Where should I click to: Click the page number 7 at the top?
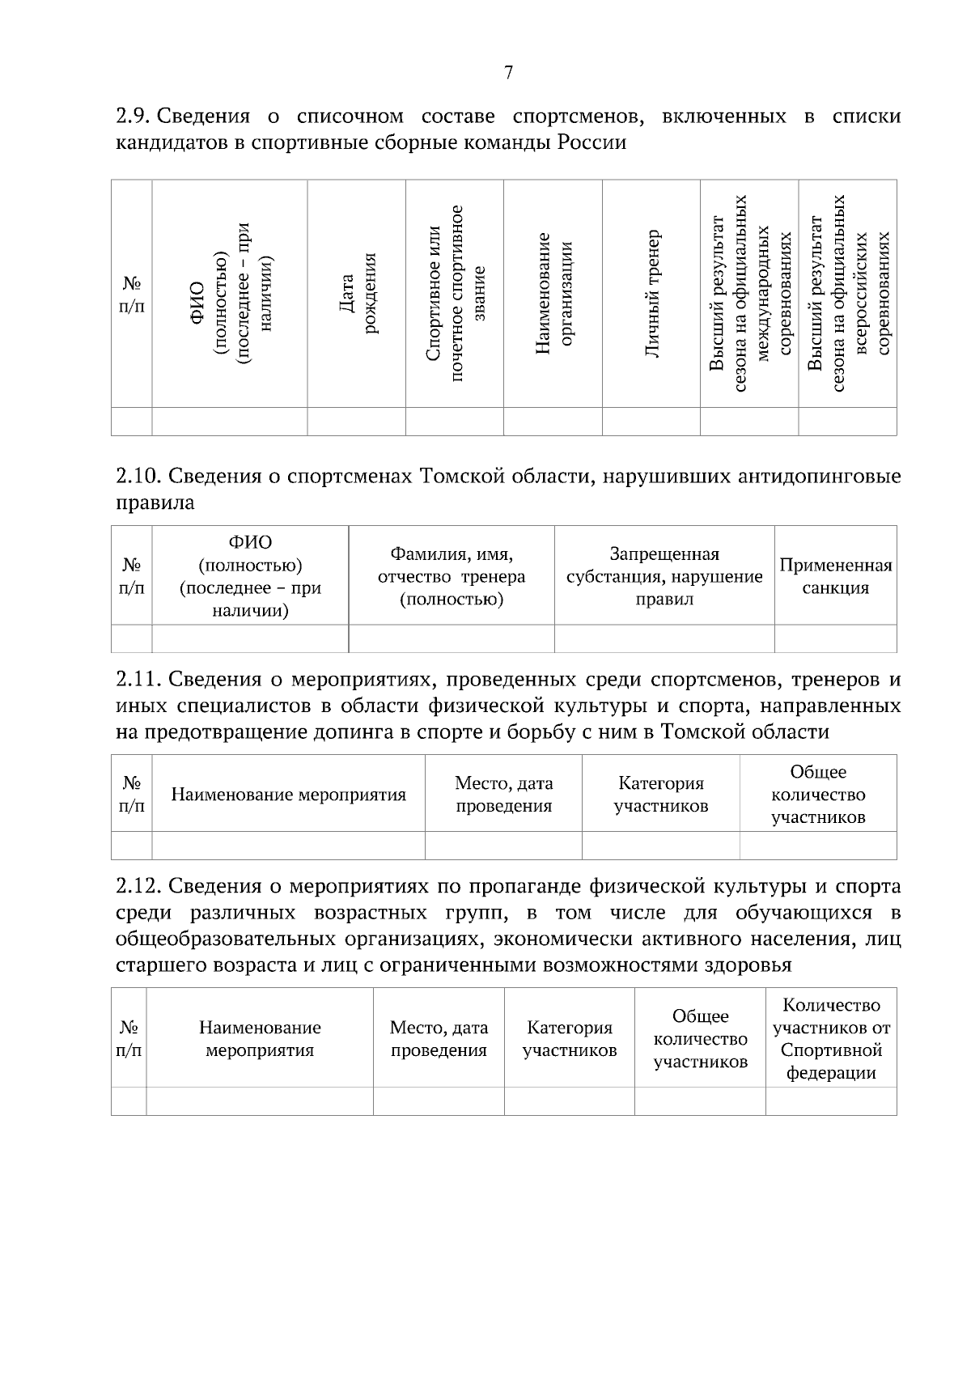508,73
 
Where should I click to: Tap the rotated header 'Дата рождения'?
356,293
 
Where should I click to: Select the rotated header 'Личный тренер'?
651,293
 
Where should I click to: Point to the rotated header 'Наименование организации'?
553,293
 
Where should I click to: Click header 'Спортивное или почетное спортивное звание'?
455,293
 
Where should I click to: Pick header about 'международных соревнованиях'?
749,293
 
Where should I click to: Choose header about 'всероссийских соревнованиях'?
847,293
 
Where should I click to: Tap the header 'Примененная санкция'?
835,576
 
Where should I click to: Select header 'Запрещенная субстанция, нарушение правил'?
664,576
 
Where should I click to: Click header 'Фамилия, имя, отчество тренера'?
452,576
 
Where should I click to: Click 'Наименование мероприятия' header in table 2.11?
288,794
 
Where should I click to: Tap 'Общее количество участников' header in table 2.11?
818,794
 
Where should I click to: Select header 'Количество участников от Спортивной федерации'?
831,1039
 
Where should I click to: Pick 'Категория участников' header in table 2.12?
570,1039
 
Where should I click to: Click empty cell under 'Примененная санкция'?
835,638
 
